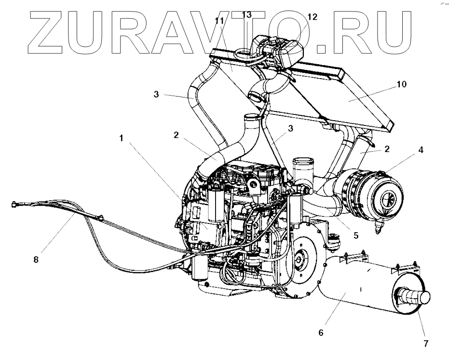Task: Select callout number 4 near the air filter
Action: tap(421, 150)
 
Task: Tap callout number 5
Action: tap(355, 235)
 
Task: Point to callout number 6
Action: tap(321, 332)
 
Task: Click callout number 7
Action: tap(425, 344)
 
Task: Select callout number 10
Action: tap(402, 84)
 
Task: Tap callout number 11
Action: tap(220, 21)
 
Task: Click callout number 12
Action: tap(312, 17)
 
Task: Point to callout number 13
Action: tap(246, 15)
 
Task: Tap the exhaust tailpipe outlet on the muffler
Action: tap(420, 298)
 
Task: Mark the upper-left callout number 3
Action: tap(156, 94)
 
